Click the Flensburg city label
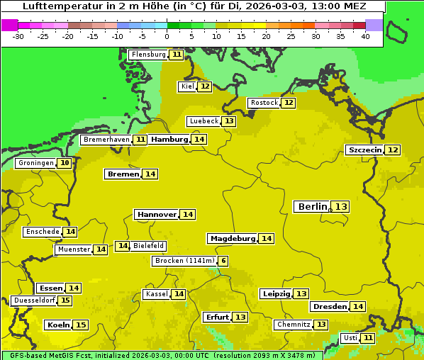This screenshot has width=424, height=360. [x=148, y=55]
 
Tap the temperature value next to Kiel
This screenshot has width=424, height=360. [x=204, y=86]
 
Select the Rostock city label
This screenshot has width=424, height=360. [x=264, y=103]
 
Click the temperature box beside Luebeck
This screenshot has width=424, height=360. [x=229, y=121]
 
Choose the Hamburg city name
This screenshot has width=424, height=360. [x=169, y=140]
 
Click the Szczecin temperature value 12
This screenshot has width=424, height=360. [x=393, y=150]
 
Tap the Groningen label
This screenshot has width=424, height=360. [x=36, y=163]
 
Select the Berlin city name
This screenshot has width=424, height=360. [x=312, y=206]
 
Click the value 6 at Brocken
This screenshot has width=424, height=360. [x=223, y=261]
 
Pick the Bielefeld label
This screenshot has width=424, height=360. [x=149, y=246]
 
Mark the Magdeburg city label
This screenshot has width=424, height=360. [x=232, y=238]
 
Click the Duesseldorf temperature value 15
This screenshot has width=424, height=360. [x=65, y=300]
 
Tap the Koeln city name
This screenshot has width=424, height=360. [x=57, y=325]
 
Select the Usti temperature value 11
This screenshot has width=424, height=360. [x=368, y=338]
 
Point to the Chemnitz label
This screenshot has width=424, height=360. [x=294, y=325]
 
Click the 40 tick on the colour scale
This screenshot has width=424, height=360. [x=365, y=36]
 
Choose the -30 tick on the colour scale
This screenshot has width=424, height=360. [x=19, y=36]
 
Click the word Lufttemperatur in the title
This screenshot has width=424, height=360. [x=55, y=6]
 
